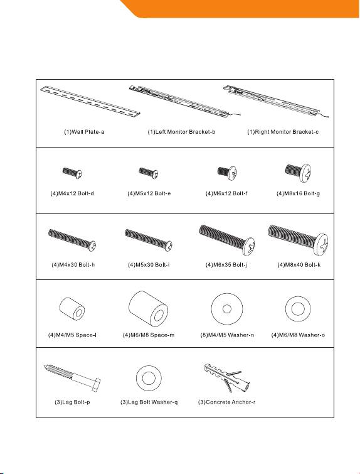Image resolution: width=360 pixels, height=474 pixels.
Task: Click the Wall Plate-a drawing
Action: click(90, 100)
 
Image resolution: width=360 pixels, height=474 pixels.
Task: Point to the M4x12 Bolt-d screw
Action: click(72, 173)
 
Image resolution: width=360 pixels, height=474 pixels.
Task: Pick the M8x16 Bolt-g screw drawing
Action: click(298, 172)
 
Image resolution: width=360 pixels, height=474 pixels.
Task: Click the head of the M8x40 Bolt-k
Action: click(321, 244)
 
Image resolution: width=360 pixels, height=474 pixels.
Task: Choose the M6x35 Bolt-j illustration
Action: click(227, 239)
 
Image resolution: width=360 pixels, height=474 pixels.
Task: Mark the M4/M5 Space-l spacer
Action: click(72, 308)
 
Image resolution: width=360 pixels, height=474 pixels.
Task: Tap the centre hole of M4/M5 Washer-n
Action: click(227, 309)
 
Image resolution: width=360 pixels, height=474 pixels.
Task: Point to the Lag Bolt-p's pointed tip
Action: click(45, 366)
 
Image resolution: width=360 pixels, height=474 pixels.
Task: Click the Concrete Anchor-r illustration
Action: click(227, 378)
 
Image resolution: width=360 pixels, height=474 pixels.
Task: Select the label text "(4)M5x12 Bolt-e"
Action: click(149, 193)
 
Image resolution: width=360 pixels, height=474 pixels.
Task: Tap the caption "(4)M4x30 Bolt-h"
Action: click(73, 265)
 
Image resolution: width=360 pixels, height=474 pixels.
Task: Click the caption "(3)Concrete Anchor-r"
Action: click(226, 402)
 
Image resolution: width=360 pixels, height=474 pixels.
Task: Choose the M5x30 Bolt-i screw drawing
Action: click(148, 240)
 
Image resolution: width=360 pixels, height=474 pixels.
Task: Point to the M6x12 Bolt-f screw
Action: click(227, 173)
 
